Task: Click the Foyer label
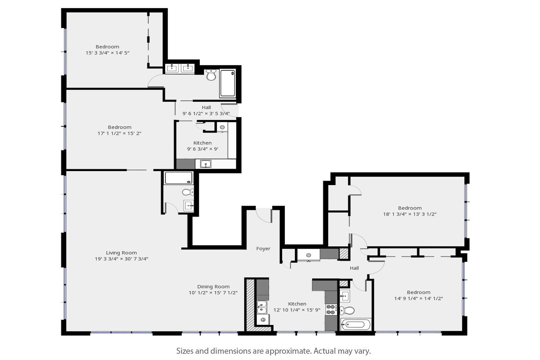coord(263,249)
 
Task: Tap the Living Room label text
coord(121,253)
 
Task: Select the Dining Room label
coord(213,287)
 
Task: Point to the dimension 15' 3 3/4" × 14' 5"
coord(107,53)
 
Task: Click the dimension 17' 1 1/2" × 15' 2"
coord(119,133)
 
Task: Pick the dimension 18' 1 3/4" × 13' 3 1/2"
coord(409,214)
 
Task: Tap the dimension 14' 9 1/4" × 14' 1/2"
coord(418,298)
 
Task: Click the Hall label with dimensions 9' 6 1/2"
coord(206,107)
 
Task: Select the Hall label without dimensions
coord(354,268)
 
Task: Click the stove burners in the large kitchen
coord(331,310)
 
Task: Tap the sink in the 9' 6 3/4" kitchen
coord(205,164)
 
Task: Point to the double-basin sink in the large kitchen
coord(261,307)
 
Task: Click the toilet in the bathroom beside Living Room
coord(188,192)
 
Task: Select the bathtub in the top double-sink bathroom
coord(227,83)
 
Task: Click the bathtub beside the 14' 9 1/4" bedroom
coord(355,324)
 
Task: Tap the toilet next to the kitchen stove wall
coord(347,310)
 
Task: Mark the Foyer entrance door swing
coord(264,214)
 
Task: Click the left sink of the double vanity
coord(172,68)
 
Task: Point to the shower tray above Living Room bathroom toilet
coord(178,178)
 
